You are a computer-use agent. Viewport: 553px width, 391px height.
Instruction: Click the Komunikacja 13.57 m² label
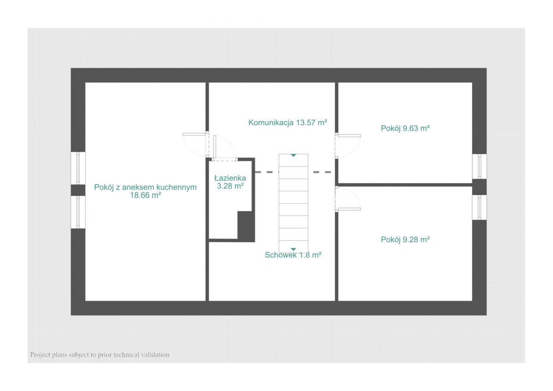click(x=288, y=123)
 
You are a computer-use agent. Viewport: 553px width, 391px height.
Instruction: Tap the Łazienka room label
click(x=230, y=178)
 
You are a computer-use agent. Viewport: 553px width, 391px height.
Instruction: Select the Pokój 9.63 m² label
click(x=405, y=128)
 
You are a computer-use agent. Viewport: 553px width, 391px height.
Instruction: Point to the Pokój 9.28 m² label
click(x=405, y=239)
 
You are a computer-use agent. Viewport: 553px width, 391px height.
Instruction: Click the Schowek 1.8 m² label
click(x=293, y=255)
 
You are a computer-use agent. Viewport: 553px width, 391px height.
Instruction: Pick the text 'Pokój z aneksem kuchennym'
click(x=146, y=187)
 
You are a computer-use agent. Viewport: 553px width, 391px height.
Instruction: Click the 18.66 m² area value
click(x=146, y=195)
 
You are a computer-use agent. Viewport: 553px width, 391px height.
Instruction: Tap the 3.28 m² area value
click(x=230, y=186)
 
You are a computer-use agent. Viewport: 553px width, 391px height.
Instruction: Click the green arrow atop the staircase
click(x=293, y=155)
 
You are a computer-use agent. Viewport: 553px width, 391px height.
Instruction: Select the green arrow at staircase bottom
click(x=293, y=250)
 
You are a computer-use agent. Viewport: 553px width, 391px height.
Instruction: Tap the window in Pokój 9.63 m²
click(x=479, y=166)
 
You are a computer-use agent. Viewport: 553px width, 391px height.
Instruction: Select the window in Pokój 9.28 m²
click(x=479, y=207)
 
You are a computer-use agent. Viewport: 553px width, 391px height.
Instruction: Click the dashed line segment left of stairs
click(x=267, y=172)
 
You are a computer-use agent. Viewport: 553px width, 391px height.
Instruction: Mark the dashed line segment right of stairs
click(x=322, y=172)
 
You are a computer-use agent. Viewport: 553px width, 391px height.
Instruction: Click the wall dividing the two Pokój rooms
click(x=405, y=185)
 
